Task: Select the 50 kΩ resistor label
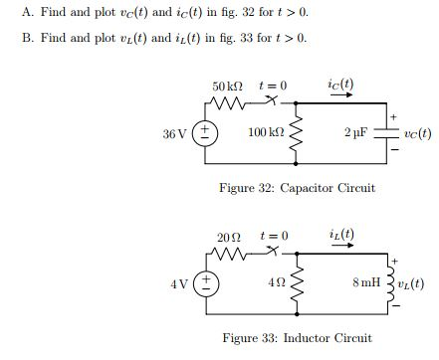click(x=226, y=88)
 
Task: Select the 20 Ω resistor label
click(x=228, y=238)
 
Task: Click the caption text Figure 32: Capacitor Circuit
click(x=297, y=187)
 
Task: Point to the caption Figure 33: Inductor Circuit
click(x=297, y=338)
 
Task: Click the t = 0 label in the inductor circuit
click(x=273, y=237)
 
